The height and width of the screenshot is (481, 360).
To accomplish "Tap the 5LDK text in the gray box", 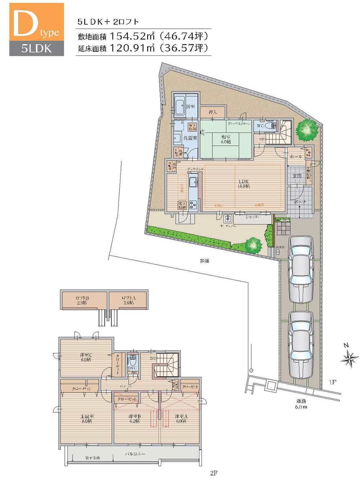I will coord(36,49).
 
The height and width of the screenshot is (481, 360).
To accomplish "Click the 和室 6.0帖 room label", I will coord(226,139).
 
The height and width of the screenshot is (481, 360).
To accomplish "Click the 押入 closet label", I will coord(213,112).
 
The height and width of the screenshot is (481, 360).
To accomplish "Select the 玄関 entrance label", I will coord(297,176).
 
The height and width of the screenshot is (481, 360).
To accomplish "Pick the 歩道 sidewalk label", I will coord(204,260).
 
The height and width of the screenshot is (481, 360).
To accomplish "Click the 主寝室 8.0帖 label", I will coord(86,419).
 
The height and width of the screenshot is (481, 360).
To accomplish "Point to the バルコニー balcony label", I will coord(135,454).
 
